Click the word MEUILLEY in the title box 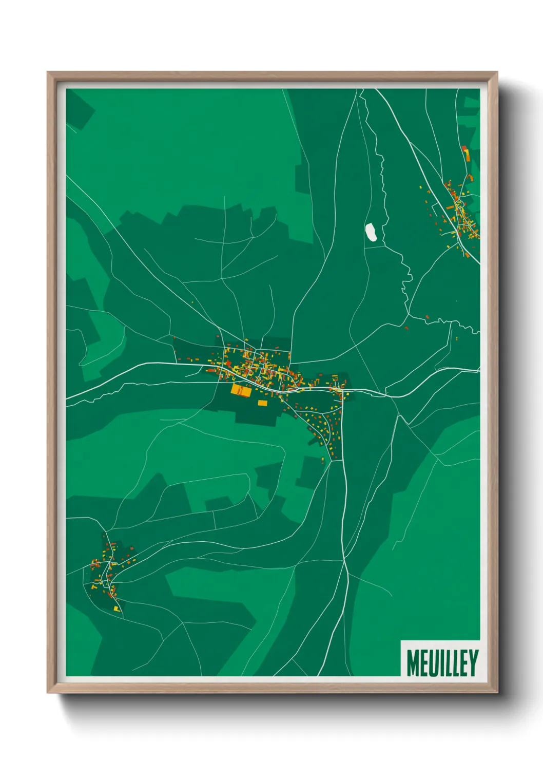click(442, 663)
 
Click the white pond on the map click(371, 232)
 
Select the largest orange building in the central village click(241, 390)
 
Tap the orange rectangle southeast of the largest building click(262, 403)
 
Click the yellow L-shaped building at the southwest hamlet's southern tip click(117, 609)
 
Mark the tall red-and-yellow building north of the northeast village click(466, 153)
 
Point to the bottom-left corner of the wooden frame click(48, 692)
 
